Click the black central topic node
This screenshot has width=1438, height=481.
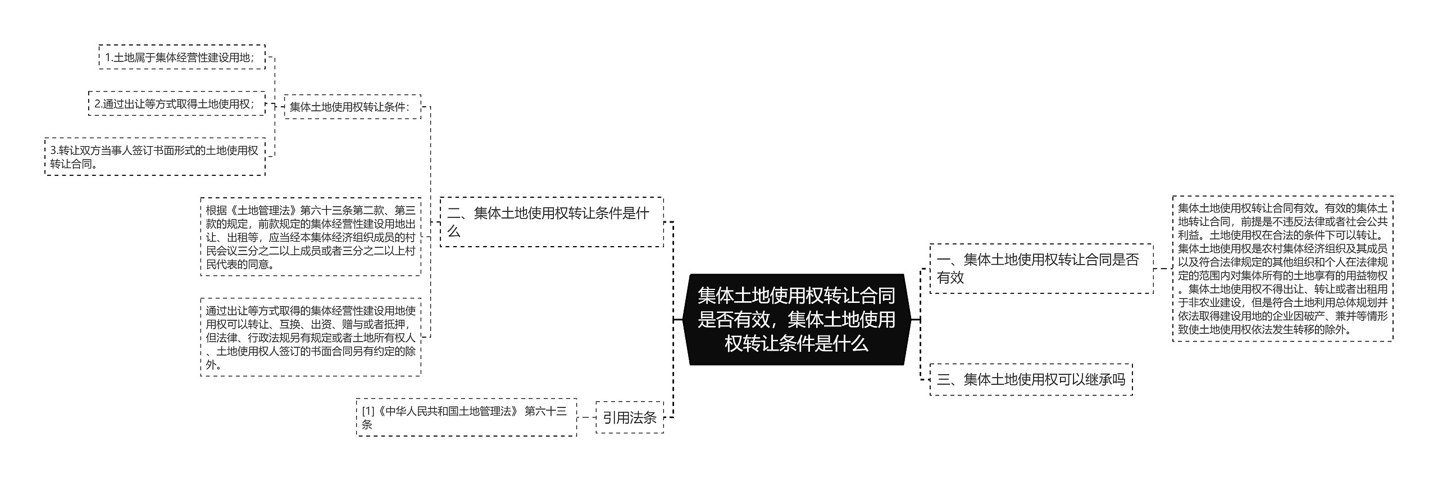pos(797,319)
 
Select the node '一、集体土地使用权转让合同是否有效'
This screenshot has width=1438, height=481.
pos(1041,269)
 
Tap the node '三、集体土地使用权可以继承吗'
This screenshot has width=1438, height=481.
pos(1031,379)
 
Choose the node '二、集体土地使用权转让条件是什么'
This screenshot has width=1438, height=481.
pos(551,222)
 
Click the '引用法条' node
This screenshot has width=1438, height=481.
pos(629,418)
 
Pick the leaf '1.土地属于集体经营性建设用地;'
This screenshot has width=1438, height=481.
pos(181,57)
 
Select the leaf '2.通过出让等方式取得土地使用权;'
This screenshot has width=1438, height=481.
pos(176,104)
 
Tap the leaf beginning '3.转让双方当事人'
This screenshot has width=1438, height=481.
pos(154,157)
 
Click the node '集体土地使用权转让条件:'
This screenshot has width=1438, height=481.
pos(352,107)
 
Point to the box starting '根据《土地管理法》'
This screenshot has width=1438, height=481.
pos(311,237)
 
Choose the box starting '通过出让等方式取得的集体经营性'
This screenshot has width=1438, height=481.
pos(311,337)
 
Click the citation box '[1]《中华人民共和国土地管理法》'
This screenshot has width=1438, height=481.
pos(466,418)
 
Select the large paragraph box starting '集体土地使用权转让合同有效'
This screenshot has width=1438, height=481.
pos(1282,269)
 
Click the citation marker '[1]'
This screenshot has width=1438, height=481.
pos(368,411)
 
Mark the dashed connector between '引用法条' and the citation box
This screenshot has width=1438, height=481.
pos(586,418)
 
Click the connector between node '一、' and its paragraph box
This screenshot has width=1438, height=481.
pos(1163,269)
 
